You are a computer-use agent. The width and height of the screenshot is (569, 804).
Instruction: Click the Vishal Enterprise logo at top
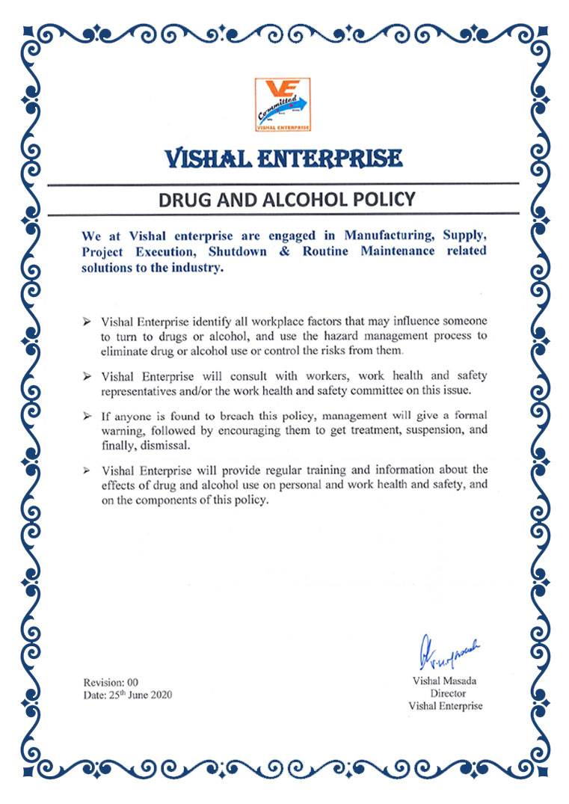click(x=283, y=105)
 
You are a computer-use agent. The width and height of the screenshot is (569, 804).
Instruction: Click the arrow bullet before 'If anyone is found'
click(x=87, y=416)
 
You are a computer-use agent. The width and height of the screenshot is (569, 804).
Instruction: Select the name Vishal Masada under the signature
click(x=445, y=681)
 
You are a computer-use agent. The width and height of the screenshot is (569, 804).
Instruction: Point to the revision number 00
click(x=132, y=682)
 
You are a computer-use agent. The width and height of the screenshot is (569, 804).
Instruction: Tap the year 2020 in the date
click(x=159, y=695)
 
